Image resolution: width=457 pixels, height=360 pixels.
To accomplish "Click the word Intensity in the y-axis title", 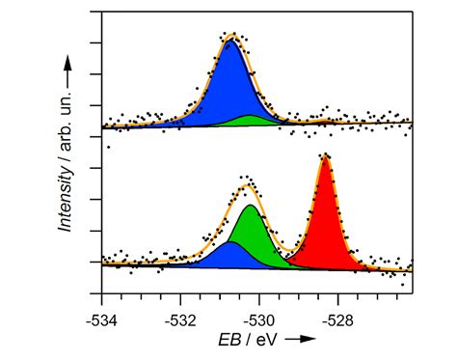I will click(66, 197).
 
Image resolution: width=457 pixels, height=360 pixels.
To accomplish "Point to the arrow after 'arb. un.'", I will click(66, 68).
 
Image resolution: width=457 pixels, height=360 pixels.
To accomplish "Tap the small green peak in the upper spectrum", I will click(253, 122).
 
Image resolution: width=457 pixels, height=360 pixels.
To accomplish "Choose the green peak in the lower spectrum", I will click(255, 236).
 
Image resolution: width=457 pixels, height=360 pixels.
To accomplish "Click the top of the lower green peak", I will click(251, 206).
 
